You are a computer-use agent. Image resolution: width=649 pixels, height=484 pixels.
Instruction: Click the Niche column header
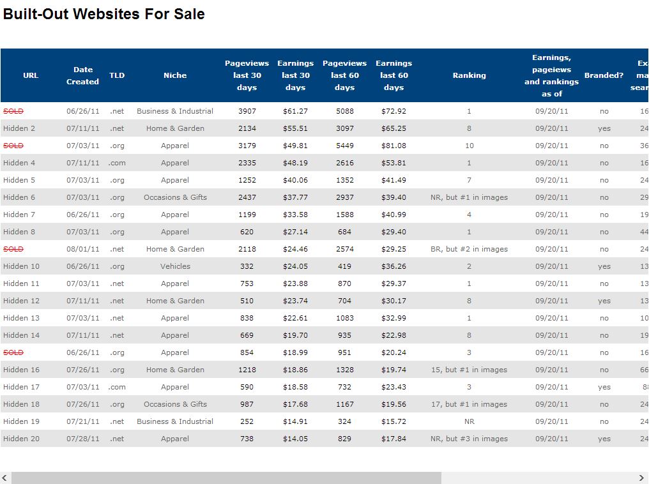point(175,75)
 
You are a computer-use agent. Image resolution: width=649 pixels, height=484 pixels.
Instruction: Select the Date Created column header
point(83,75)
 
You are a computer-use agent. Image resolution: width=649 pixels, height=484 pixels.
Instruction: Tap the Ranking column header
point(469,75)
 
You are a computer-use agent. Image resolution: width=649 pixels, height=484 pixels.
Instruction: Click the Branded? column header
point(604,75)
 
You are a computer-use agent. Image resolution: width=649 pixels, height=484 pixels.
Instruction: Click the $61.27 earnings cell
point(295,111)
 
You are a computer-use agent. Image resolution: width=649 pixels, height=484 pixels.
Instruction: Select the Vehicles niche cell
point(175,266)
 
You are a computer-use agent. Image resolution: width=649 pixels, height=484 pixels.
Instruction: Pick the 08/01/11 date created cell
point(83,249)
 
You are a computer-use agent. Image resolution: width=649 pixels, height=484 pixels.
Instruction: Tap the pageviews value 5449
point(344,146)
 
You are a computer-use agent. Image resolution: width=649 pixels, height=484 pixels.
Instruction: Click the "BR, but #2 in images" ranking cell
point(469,249)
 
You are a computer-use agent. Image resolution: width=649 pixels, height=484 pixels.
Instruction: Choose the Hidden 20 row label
point(21,439)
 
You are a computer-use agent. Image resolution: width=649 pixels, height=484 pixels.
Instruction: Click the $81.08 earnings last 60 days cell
point(393,146)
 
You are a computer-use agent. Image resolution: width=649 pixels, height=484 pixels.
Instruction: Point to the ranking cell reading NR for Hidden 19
point(469,421)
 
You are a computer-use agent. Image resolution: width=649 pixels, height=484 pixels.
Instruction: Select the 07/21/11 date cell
point(83,421)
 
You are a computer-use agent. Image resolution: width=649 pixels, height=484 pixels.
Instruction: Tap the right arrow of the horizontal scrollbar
point(641,478)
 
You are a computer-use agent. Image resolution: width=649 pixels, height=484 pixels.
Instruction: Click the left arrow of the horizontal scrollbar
point(6,478)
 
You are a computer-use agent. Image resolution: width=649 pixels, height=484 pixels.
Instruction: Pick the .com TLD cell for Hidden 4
point(117,163)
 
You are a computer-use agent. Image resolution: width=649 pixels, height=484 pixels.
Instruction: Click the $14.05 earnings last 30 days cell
point(295,439)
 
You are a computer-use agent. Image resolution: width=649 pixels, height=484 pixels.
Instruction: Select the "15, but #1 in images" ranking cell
point(469,370)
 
